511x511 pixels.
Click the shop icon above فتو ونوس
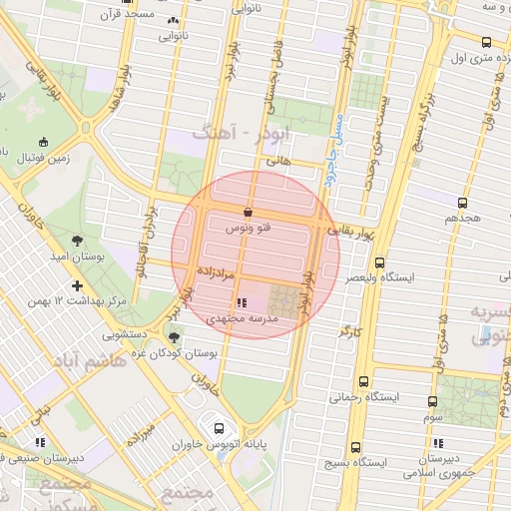click(x=248, y=213)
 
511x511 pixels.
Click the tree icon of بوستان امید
click(x=77, y=240)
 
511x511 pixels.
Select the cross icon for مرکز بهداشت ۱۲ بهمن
click(x=77, y=285)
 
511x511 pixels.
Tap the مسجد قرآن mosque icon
click(x=175, y=19)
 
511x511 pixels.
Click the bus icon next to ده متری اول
click(x=485, y=42)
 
